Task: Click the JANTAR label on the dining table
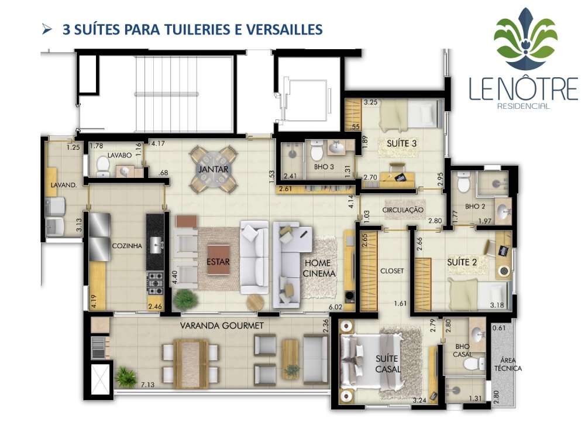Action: (x=213, y=170)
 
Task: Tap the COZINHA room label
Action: (x=127, y=246)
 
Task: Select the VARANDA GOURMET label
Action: (x=222, y=325)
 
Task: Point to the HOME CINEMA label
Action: (x=319, y=268)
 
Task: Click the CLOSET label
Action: (x=392, y=270)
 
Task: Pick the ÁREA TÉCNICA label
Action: (x=508, y=364)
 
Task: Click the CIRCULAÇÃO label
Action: (x=403, y=210)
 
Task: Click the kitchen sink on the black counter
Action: (x=156, y=245)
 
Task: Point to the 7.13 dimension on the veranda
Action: (x=147, y=385)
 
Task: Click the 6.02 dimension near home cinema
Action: (x=335, y=307)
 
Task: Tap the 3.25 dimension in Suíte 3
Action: (x=370, y=102)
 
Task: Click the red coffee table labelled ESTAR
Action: (x=218, y=260)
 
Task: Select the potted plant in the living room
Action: (x=185, y=299)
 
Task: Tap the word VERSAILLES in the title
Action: (x=284, y=29)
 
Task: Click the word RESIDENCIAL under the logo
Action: (x=524, y=106)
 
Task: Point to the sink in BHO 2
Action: (x=504, y=211)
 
